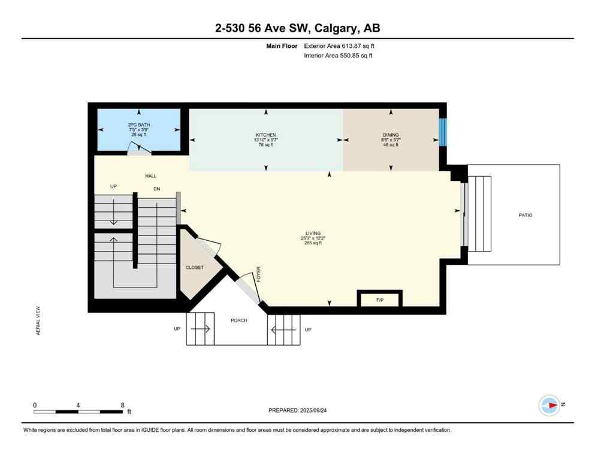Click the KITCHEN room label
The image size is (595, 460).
tap(265, 135)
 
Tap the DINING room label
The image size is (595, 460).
tap(391, 135)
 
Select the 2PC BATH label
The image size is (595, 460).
tap(138, 125)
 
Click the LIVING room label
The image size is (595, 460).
tap(312, 233)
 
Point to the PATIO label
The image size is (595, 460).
tap(525, 215)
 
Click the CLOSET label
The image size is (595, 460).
tap(195, 268)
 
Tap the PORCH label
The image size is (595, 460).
tap(239, 320)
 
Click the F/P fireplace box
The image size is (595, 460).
tap(379, 298)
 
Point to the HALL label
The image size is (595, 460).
tap(150, 176)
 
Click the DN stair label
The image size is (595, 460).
tap(157, 188)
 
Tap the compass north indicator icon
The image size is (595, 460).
tap(549, 405)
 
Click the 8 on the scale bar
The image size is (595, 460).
tap(122, 405)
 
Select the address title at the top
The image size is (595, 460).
tap(297, 28)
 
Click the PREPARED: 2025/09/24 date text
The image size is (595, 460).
tap(297, 410)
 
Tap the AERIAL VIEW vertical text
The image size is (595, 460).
tap(38, 320)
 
